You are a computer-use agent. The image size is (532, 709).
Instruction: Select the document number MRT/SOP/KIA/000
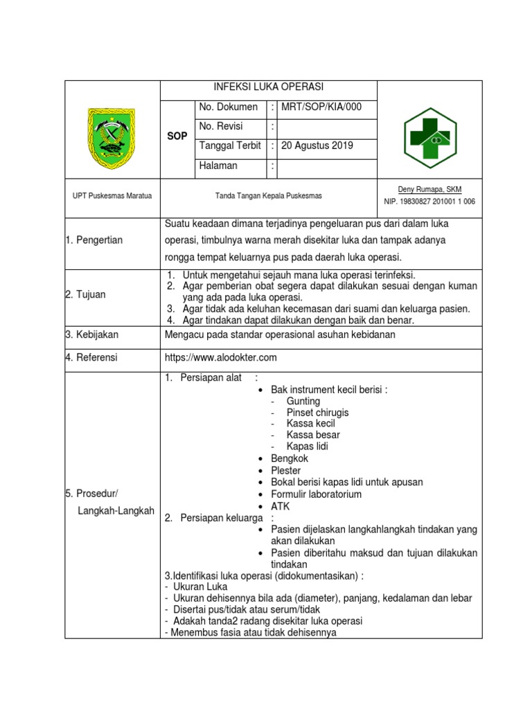[321, 107]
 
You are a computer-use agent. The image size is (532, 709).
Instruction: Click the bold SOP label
[177, 136]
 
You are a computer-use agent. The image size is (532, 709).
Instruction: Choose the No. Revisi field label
[221, 126]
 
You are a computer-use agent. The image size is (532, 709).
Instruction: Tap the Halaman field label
[218, 165]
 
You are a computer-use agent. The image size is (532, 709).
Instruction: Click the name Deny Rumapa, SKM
[429, 190]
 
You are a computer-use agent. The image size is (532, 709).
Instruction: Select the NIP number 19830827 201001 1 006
[429, 201]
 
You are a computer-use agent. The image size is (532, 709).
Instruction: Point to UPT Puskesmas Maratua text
[112, 196]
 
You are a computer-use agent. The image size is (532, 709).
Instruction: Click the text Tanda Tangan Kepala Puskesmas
[268, 196]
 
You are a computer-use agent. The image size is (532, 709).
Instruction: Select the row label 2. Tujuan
[85, 294]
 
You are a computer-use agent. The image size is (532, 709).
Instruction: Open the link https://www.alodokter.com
[221, 357]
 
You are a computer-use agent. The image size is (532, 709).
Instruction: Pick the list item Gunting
[303, 401]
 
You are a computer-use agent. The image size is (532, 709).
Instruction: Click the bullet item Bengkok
[290, 458]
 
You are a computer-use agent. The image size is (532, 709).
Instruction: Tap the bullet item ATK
[281, 506]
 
